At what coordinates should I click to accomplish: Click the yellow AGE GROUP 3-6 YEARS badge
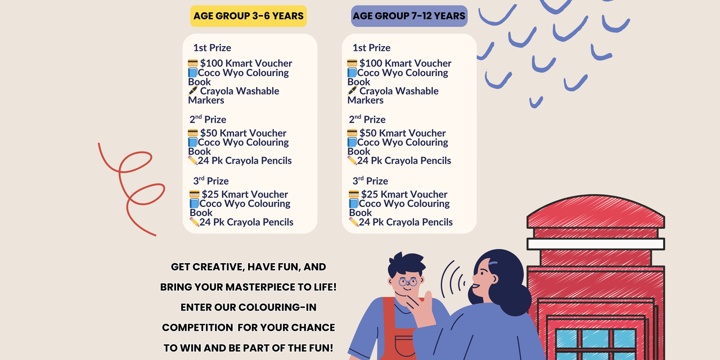pos(249,16)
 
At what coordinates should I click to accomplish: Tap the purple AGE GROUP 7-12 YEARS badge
pos(409,16)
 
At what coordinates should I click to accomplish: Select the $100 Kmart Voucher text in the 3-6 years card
pos(246,64)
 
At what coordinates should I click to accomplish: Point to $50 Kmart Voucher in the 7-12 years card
pos(402,133)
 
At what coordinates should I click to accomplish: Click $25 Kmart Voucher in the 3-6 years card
pos(245,195)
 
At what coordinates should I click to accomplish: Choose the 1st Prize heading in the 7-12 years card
pos(371,48)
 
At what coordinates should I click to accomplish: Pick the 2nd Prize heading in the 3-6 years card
pos(208,119)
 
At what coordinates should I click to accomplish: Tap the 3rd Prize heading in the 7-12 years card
pos(370,181)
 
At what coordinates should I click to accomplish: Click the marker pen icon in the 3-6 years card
pos(192,91)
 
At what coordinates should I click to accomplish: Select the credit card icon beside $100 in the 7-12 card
pos(352,63)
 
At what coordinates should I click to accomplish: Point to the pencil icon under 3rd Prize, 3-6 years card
pos(194,222)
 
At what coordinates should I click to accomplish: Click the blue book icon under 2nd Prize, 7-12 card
pos(352,142)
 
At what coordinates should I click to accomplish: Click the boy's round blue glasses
pos(408,282)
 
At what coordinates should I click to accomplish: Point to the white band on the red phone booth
pos(596,244)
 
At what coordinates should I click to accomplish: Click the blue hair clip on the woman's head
pos(493,263)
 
